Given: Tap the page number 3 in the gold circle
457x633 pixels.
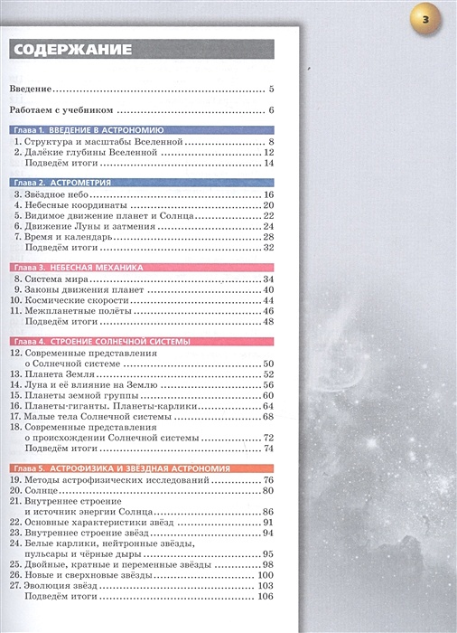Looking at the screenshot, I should [430, 21].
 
